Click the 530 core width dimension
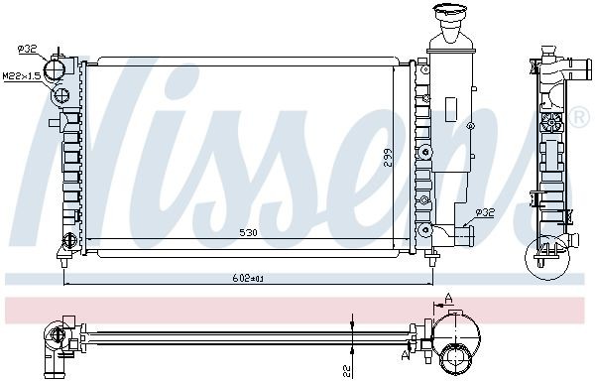[249, 232]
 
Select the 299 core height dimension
[388, 158]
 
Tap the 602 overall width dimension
[248, 279]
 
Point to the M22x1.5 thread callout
[22, 76]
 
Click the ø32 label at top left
[27, 49]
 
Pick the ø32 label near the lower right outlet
[485, 213]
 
